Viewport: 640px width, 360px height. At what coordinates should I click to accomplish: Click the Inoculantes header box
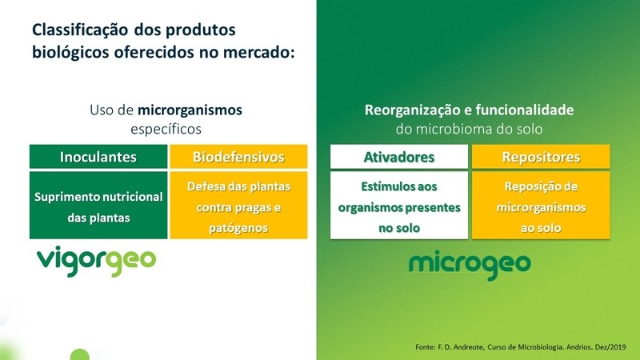pos(98,157)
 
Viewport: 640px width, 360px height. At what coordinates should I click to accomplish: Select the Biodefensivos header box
pos(238,157)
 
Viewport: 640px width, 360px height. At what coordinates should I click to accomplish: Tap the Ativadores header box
pos(399,157)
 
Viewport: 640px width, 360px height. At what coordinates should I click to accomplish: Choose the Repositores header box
pos(542,157)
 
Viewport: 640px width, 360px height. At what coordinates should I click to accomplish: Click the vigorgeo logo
pos(97,260)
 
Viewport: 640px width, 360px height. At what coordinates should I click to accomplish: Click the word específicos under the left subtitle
pos(166,127)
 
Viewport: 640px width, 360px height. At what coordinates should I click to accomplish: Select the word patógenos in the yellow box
pos(238,228)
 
